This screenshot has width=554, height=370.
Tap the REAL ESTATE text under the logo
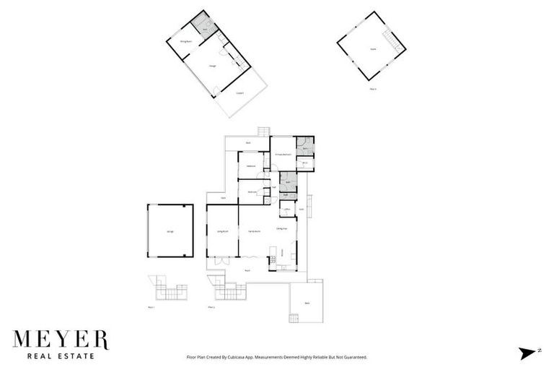(x=61, y=356)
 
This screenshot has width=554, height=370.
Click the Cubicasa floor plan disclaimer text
(x=277, y=357)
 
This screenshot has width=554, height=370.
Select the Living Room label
(x=223, y=231)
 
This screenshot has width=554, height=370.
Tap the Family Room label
(x=254, y=231)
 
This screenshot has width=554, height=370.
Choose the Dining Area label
(x=282, y=228)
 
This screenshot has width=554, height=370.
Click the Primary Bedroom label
(x=283, y=155)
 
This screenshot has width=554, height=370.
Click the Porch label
(x=247, y=271)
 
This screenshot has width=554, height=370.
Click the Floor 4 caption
(x=373, y=89)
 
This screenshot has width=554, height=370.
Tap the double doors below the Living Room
(x=223, y=258)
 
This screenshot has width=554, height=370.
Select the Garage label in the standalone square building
(x=170, y=231)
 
